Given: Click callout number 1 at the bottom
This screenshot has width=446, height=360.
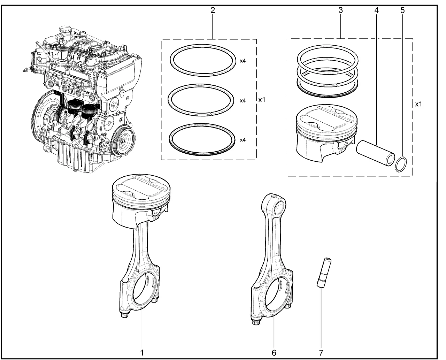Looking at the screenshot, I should coord(142,353).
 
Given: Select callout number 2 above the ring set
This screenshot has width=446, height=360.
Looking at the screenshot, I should coord(213,10).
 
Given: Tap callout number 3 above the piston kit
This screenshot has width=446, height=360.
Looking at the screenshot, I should coord(341,10).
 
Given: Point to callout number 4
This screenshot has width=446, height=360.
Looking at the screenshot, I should coord(376,10).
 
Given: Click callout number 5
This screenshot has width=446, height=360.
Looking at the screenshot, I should coord(403,10).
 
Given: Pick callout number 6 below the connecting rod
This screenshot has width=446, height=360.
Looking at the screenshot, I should coord(274,353).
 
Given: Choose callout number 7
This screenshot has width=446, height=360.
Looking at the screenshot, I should coord(321,353).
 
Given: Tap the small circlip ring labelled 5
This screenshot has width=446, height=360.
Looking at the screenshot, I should coord(402,163).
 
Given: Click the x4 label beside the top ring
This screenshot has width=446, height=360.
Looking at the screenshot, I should coord(243,61).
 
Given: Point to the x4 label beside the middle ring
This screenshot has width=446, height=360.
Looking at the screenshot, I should coord(243,100).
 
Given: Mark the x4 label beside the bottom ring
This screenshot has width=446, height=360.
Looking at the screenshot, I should coord(243,140).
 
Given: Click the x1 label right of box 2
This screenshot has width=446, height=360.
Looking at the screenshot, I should coord(262,100).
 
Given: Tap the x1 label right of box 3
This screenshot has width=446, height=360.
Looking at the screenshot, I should coord(418,104).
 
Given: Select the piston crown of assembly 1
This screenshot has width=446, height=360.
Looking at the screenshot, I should coord(142,187).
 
